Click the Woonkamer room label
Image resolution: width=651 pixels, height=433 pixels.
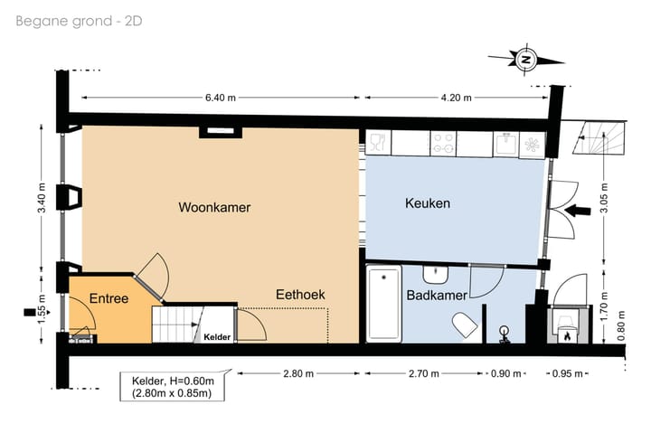pos(214,208)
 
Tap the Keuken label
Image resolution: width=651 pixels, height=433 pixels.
pos(427,204)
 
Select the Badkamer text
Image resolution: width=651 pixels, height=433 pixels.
pos(436,296)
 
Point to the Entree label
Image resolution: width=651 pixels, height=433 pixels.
pos(108,298)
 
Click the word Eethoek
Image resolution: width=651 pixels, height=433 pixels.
pos(300,296)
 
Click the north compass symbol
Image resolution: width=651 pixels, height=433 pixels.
pos(526,60)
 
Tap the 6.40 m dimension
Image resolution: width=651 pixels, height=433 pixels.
pos(220,98)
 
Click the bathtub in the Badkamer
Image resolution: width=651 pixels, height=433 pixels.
pos(384,305)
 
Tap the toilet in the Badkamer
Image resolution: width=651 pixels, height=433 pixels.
pos(465,324)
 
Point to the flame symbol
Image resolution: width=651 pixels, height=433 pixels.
pos(567,336)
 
